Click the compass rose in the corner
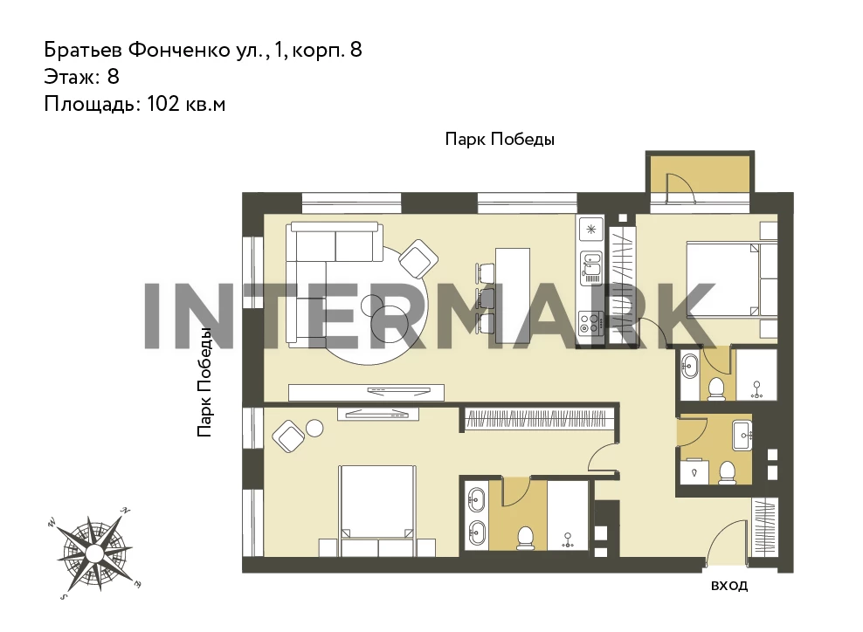(x=94, y=552)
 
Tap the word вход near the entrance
(x=729, y=585)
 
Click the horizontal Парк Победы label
(x=500, y=139)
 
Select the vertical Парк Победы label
(x=204, y=383)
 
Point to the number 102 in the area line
(x=163, y=103)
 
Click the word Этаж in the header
(x=70, y=77)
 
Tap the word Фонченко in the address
(x=179, y=50)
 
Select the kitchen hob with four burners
(x=590, y=322)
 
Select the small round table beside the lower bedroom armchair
(x=314, y=428)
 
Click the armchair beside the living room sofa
(x=418, y=259)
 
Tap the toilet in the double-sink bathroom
(x=526, y=538)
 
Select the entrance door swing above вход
(x=725, y=544)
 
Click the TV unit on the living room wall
(x=367, y=392)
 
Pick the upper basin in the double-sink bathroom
(x=476, y=498)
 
